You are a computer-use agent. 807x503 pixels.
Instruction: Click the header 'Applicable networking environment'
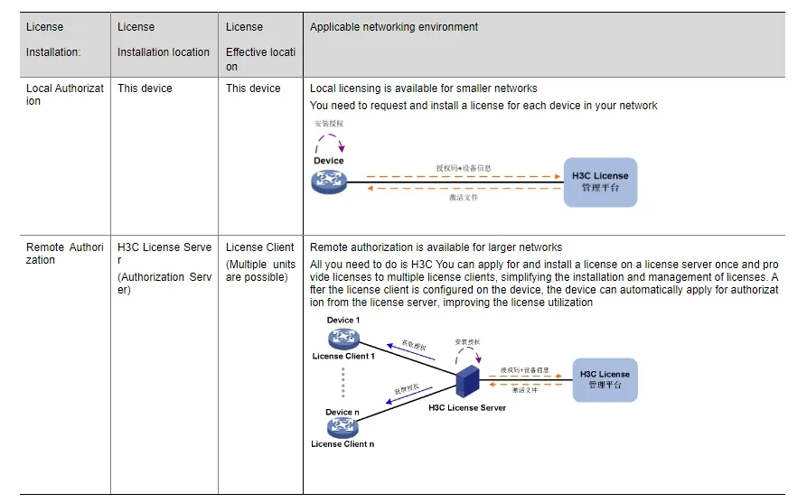(394, 27)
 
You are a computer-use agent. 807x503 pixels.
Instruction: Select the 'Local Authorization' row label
(64, 95)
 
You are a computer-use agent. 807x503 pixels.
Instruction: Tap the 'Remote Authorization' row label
(64, 254)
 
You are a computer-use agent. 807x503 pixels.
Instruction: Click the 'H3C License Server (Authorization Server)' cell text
(164, 268)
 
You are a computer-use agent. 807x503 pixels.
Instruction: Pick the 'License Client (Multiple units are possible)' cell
(260, 262)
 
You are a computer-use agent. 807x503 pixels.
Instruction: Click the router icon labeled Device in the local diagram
(329, 182)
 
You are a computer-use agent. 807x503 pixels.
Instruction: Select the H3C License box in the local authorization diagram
(599, 182)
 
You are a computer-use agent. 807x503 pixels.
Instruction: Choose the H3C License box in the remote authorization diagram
(605, 380)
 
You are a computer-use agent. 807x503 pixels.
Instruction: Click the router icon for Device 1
(343, 339)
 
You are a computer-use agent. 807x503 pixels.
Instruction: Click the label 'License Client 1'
(343, 356)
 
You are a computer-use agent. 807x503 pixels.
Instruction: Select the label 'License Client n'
(343, 444)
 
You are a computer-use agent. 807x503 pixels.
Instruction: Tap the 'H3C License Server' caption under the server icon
(467, 408)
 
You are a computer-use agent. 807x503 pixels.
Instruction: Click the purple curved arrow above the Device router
(329, 143)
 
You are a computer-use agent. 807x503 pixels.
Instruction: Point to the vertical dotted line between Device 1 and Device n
(343, 384)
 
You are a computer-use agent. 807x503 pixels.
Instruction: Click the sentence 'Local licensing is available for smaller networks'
(424, 88)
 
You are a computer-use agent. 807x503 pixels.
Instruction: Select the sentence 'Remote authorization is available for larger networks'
(436, 247)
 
